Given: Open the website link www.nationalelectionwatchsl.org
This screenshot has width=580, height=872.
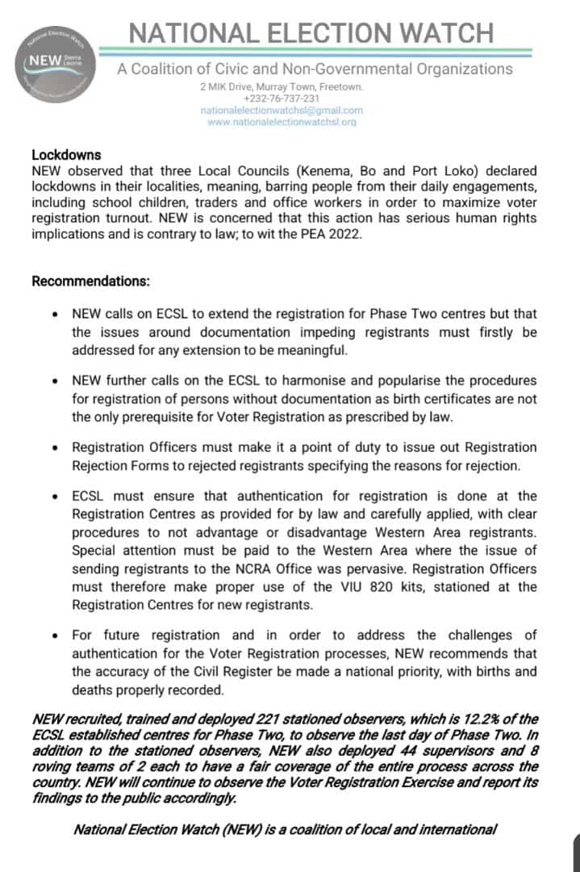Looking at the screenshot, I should (282, 122).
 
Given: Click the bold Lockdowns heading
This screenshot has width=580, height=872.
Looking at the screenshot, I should (66, 154).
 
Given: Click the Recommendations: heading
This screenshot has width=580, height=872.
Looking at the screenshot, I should (90, 282).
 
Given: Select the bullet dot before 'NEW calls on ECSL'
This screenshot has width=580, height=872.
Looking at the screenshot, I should (54, 313).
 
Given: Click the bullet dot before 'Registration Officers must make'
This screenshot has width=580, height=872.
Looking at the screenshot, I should (54, 447).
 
